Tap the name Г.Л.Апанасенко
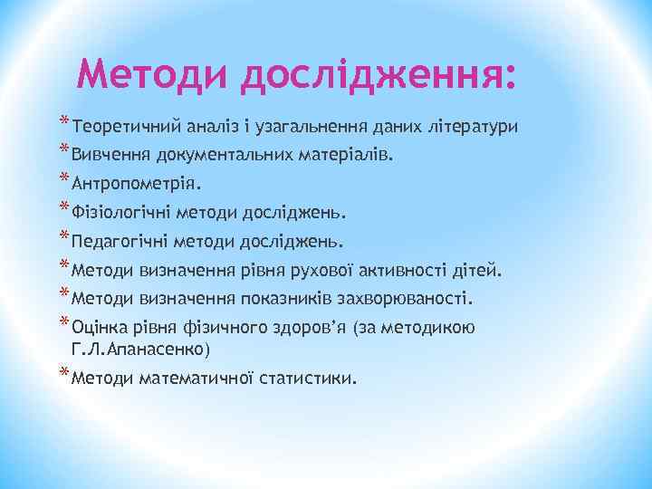pos(139,350)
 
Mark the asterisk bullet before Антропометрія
pos(63,178)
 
